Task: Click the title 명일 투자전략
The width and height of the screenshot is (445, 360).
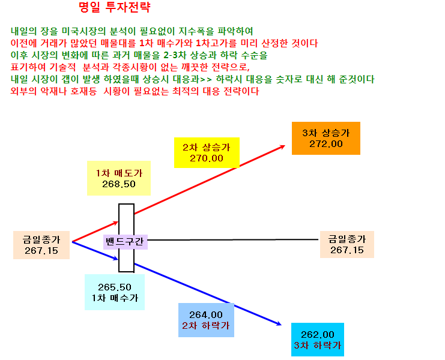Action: pos(114,7)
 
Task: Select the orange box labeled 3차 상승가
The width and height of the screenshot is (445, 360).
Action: pos(326,139)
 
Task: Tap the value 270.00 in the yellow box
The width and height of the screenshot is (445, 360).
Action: pos(207,158)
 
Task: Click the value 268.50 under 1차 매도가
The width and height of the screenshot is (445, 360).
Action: pos(119,184)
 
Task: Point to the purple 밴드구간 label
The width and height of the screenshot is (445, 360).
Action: pos(125,242)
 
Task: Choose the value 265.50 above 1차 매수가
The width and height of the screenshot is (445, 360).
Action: pos(115,287)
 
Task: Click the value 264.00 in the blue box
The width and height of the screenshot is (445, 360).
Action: pos(206,314)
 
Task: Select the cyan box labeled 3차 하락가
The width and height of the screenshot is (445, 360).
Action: pos(318,340)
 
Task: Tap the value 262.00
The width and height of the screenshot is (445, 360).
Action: pos(318,334)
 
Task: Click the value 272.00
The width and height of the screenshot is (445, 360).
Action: pos(326,144)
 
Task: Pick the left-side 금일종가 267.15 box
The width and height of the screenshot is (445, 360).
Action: pos(41,245)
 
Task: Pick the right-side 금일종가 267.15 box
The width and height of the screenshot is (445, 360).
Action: pos(347,244)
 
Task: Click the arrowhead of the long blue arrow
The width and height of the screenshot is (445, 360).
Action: pos(279,324)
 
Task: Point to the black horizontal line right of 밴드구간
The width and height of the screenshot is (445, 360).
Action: pos(233,240)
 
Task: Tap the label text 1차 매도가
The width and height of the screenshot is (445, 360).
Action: pos(119,173)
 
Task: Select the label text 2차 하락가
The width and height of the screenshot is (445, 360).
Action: pos(206,325)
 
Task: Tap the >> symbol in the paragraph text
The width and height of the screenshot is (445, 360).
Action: pos(206,79)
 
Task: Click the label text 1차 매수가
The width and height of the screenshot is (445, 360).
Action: pos(115,298)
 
